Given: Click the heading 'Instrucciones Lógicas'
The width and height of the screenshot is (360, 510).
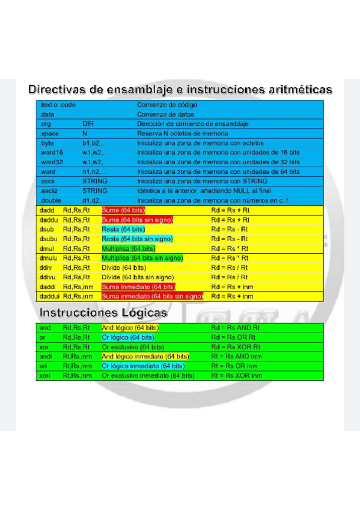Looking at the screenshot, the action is (103, 313).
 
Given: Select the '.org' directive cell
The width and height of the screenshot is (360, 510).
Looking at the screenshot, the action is (46, 124).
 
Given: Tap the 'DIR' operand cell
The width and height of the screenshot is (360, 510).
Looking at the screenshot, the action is (88, 124).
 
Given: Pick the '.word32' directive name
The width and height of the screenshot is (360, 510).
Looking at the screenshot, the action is (52, 162).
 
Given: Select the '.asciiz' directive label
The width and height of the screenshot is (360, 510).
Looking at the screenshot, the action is (49, 191).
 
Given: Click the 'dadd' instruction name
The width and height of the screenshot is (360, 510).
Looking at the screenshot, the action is (47, 210).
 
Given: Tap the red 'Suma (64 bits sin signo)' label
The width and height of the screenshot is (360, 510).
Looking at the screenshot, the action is (137, 220).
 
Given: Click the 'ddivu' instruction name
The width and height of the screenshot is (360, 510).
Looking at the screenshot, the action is (48, 277).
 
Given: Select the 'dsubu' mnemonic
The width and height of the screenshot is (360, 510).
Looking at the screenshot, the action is (49, 239).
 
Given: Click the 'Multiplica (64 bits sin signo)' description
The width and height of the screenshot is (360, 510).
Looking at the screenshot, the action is (142, 258).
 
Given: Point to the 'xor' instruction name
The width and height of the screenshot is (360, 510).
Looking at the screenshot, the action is (44, 347).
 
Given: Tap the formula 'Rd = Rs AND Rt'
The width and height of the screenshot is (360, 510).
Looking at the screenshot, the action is (236, 328).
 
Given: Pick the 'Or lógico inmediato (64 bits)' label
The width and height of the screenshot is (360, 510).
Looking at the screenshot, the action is (143, 366).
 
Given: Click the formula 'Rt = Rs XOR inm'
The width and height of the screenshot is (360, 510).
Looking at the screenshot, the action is (237, 375).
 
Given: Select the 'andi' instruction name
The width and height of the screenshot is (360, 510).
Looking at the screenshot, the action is (45, 356).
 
